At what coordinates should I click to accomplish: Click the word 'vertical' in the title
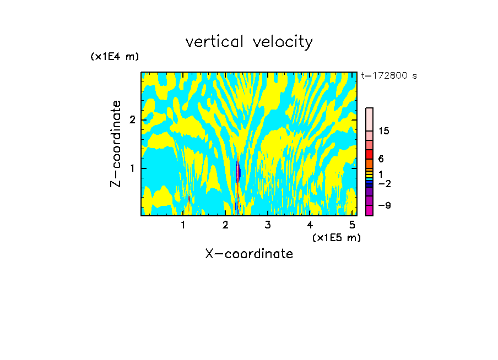pos(212,42)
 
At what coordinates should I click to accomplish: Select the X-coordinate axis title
pos(249,254)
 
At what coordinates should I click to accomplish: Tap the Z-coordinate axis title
pos(116,144)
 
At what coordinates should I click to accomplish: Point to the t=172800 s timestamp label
pos(388,76)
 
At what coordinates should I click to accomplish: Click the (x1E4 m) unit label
pos(115,57)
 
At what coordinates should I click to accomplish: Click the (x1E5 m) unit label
pos(336,237)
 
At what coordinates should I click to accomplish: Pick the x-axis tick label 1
pos(183,225)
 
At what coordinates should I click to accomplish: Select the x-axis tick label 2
pos(225,225)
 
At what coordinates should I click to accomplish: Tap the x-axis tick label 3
pos(267,225)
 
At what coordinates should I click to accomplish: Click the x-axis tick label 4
pos(310,225)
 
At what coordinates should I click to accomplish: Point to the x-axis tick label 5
pos(351,225)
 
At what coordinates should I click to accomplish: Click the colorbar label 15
pos(384,131)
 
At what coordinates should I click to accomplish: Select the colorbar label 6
pos(381,159)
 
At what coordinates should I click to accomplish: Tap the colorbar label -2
pos(383,183)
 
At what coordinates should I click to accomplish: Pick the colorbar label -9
pos(383,205)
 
